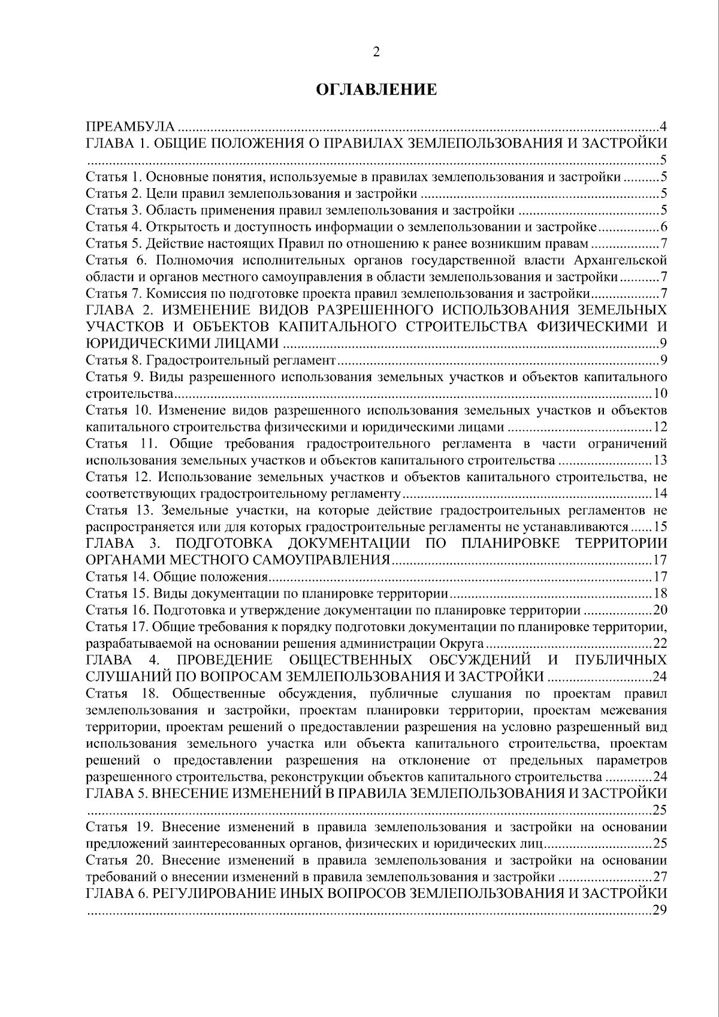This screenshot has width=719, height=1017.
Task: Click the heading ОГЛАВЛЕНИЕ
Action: [x=376, y=90]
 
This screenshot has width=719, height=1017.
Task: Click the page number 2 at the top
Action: [x=376, y=52]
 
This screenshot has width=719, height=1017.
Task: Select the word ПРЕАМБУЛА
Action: [x=131, y=126]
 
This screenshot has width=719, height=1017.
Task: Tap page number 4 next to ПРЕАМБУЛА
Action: [x=663, y=126]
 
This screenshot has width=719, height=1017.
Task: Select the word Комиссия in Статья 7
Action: [x=174, y=294]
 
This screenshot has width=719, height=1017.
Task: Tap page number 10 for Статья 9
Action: [x=660, y=394]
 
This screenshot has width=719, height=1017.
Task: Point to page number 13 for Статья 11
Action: [x=660, y=461]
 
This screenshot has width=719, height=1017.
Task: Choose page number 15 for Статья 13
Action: [x=660, y=527]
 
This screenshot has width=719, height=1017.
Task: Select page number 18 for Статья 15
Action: [x=660, y=594]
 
